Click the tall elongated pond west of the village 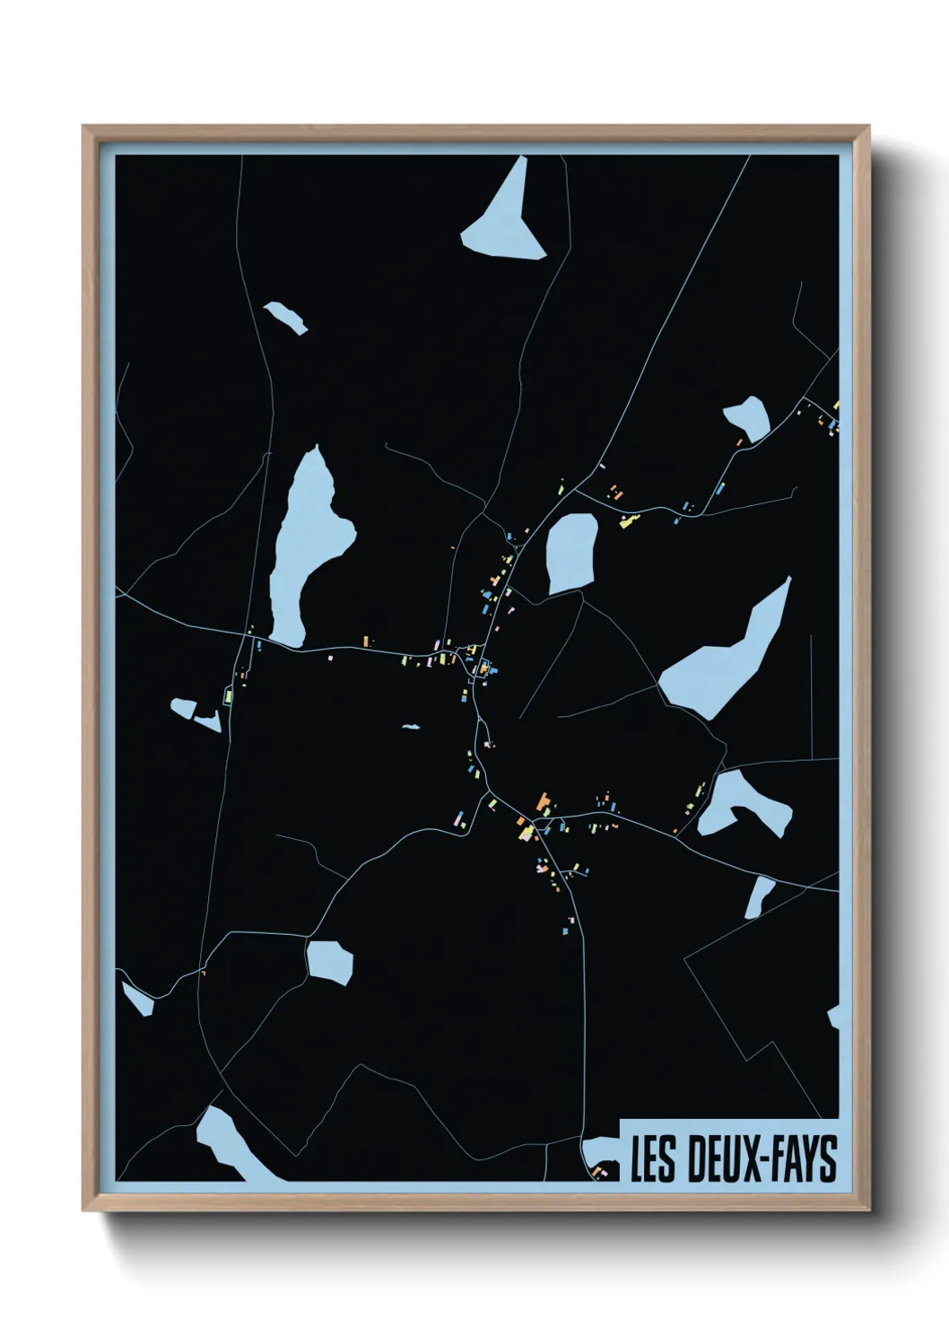point(305,547)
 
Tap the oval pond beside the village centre point(571,553)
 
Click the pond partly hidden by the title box point(599,1154)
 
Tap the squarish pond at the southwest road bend point(329,960)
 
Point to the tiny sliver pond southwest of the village point(411,726)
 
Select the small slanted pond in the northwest point(285,317)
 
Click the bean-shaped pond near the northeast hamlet point(747,417)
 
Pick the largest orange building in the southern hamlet point(542,801)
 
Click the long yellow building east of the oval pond point(629,520)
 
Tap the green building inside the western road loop point(230,695)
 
